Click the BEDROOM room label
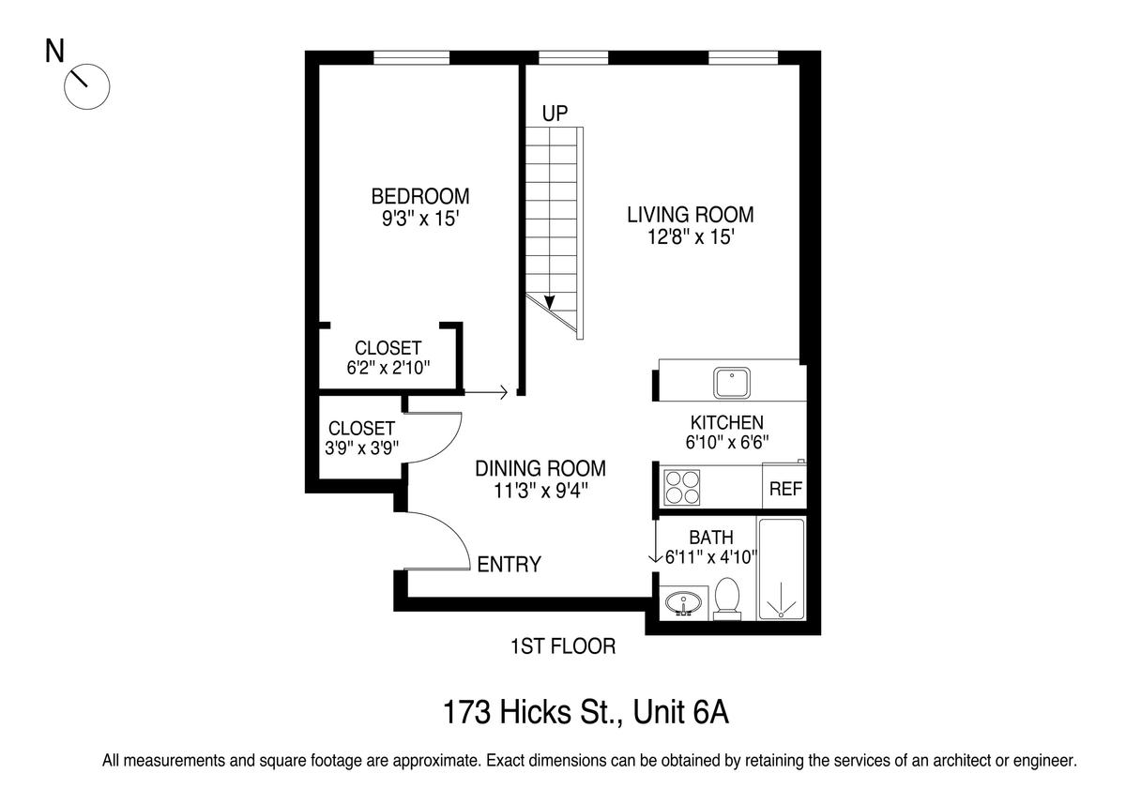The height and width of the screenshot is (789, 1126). (x=420, y=196)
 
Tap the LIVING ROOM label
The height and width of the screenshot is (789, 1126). (x=691, y=215)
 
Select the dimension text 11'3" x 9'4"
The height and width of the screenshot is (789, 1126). (x=540, y=491)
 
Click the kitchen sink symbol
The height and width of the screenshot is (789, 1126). (x=731, y=383)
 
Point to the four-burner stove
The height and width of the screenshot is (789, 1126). (x=681, y=488)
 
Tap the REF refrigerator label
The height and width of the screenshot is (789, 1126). (x=785, y=489)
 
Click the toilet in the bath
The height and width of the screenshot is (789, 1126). (x=727, y=598)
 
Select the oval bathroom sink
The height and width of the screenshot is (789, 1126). (x=683, y=603)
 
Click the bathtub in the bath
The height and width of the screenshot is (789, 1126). (x=781, y=569)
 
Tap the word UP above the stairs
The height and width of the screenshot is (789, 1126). (x=555, y=114)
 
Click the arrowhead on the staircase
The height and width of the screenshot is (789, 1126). (x=550, y=302)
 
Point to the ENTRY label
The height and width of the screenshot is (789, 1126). (x=509, y=565)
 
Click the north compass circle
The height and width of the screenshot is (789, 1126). (x=87, y=86)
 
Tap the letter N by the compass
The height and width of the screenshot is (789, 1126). (x=54, y=52)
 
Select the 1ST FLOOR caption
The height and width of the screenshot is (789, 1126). (x=563, y=646)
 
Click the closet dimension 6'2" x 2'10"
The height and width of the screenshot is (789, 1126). (x=388, y=368)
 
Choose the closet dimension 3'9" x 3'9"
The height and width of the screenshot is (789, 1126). (x=361, y=448)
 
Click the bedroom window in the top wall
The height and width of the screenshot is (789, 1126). (x=411, y=58)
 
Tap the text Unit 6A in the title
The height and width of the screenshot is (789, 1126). (x=680, y=712)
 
